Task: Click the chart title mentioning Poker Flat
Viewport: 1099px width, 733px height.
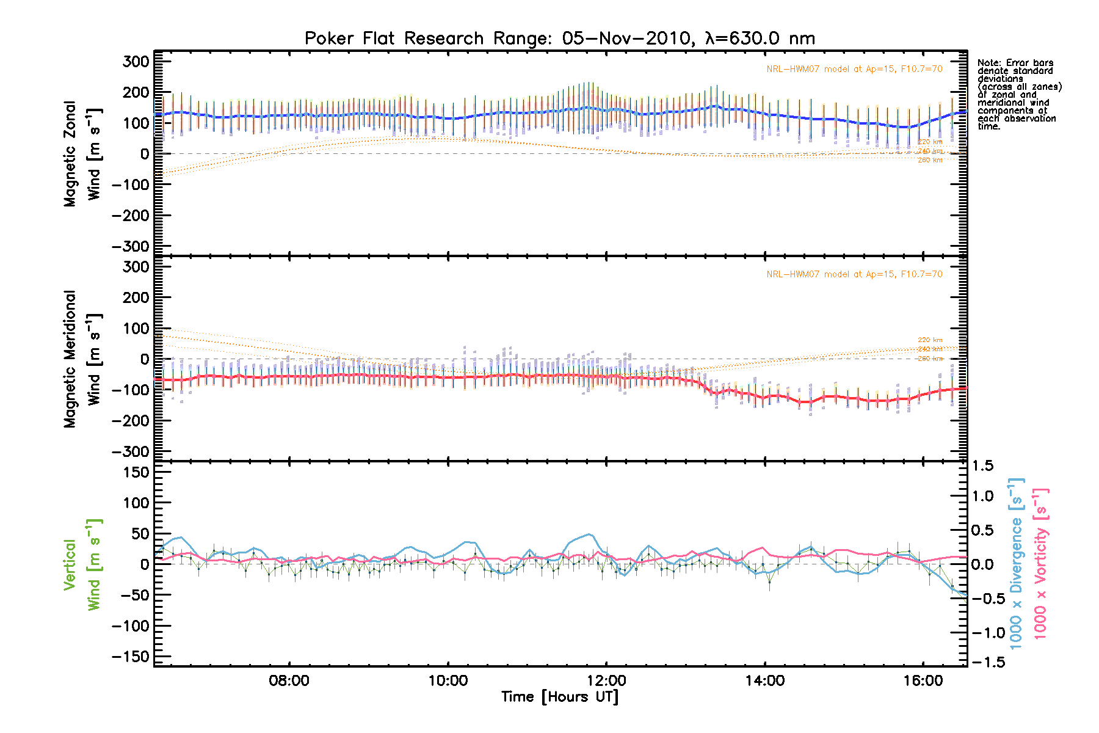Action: point(559,38)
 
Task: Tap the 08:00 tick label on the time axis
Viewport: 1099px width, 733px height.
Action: point(289,680)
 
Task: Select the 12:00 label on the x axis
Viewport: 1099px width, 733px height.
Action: point(606,680)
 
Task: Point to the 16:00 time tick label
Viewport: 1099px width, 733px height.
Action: point(923,680)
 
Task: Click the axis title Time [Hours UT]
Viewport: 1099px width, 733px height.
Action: point(559,697)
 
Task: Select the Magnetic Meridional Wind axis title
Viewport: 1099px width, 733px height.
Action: point(82,359)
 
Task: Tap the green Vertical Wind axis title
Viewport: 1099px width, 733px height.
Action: point(82,564)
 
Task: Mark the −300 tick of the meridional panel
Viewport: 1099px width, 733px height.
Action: point(131,451)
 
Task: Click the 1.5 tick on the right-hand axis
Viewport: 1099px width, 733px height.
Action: point(982,466)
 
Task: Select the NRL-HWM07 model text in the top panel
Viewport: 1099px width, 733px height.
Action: point(854,69)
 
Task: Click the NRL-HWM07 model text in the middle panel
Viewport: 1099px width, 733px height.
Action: point(854,274)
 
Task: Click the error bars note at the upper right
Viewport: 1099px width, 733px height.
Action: point(1019,95)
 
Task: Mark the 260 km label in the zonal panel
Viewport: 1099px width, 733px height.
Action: point(930,160)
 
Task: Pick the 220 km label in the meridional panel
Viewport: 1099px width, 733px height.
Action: point(930,340)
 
